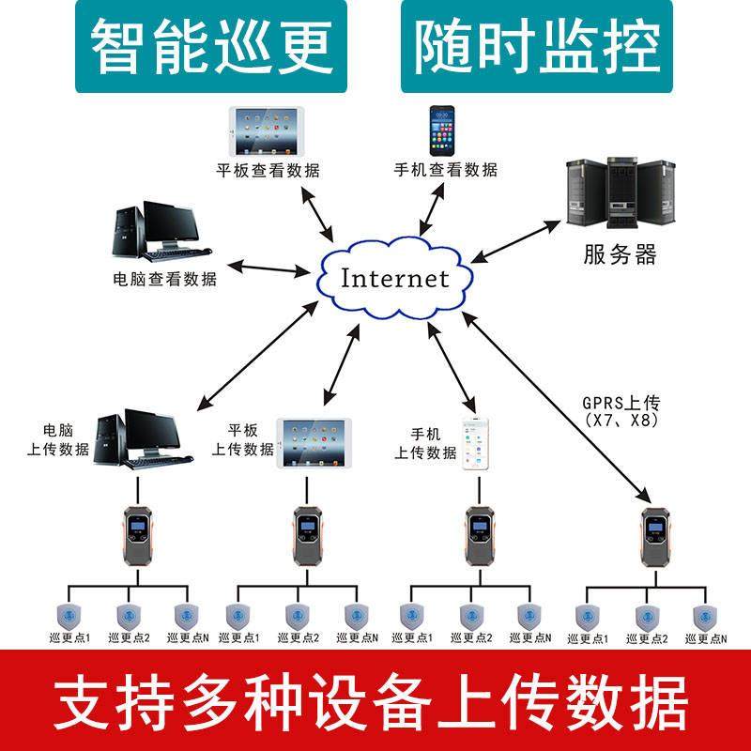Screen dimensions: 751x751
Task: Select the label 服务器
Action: [x=620, y=253]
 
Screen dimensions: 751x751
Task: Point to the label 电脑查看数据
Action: [x=164, y=279]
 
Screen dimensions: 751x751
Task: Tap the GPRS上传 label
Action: [x=621, y=403]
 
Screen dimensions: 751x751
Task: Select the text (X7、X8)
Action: [x=621, y=421]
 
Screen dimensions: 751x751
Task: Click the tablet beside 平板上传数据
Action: [x=313, y=442]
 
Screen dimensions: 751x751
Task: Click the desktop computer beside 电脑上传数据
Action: [x=145, y=437]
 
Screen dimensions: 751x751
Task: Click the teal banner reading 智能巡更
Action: [x=205, y=46]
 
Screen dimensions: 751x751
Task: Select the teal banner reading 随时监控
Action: [x=537, y=46]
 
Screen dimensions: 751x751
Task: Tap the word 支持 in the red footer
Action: [x=108, y=700]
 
